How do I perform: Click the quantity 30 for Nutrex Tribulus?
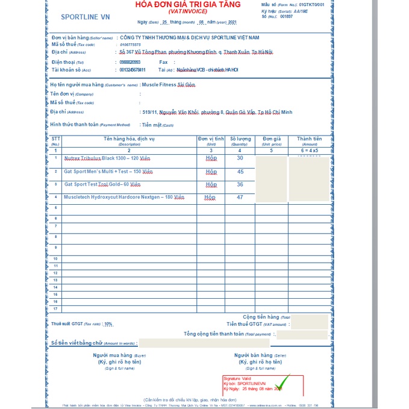pyautogui.click(x=240, y=158)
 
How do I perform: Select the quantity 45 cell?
pyautogui.click(x=240, y=172)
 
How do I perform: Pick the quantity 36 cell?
pyautogui.click(x=240, y=184)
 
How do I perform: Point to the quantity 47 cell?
pyautogui.click(x=240, y=197)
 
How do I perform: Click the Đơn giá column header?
pyautogui.click(x=272, y=139)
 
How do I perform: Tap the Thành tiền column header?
pyautogui.click(x=309, y=139)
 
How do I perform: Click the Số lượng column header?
pyautogui.click(x=239, y=139)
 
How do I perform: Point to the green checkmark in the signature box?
pyautogui.click(x=281, y=383)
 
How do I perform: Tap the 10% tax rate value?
pyautogui.click(x=108, y=323)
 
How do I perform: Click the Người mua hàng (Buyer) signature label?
pyautogui.click(x=119, y=355)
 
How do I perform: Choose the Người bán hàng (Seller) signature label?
pyautogui.click(x=257, y=355)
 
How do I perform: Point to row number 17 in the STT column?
pyautogui.click(x=55, y=309)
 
